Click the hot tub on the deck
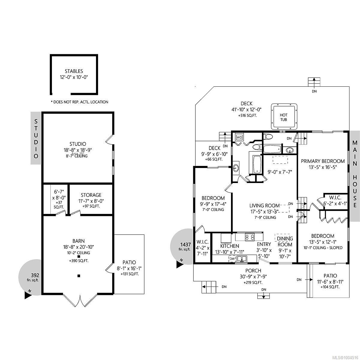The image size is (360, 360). pos(283,117)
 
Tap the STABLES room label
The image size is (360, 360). pos(74,71)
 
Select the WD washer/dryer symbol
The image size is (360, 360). pos(239,137)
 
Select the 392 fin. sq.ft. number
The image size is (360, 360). pos(35,275)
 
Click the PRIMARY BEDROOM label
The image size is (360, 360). pos(323,161)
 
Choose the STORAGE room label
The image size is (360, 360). pos(91,195)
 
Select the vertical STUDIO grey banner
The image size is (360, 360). pos(36,138)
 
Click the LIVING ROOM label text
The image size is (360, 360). pos(265,205)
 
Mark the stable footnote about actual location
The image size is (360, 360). pos(79,102)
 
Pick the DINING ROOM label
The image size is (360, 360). pos(284,241)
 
